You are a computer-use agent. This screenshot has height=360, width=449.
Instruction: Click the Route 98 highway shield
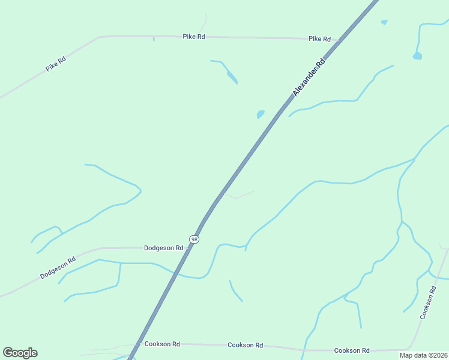194,239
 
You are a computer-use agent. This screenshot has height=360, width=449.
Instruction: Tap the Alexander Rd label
309,77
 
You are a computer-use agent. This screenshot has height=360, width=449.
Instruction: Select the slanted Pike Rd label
55,64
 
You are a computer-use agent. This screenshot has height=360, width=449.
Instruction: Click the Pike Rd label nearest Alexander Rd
319,39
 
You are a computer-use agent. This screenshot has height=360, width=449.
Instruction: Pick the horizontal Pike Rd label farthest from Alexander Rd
194,37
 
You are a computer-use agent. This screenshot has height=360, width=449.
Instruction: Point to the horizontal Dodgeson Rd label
163,248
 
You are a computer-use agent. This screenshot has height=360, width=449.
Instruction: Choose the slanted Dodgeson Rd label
58,268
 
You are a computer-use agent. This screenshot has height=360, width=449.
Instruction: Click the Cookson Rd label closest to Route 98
162,344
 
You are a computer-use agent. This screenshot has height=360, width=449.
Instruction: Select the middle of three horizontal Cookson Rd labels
245,345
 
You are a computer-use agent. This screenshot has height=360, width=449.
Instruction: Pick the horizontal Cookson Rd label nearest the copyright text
351,350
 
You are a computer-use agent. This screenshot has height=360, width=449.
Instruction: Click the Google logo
20,353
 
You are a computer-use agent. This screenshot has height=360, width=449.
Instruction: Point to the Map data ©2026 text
423,355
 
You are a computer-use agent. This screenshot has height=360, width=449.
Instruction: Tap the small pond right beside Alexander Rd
261,113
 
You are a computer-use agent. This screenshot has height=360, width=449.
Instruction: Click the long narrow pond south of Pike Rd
232,76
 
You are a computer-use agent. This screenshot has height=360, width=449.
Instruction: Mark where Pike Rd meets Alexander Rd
340,41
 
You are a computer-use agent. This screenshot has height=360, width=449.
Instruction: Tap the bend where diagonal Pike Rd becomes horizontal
99,37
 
